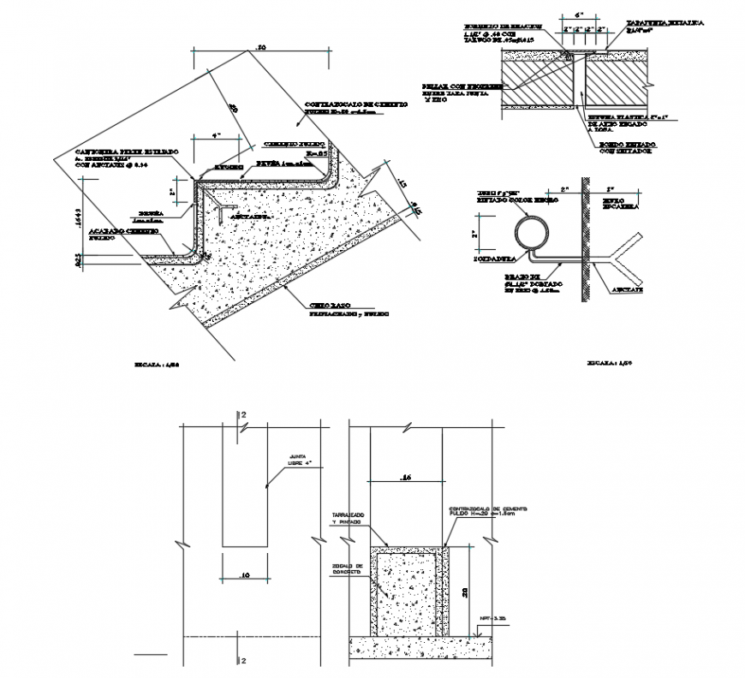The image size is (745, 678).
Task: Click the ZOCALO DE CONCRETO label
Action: coord(347,569)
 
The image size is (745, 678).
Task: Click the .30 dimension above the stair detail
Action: coord(261,47)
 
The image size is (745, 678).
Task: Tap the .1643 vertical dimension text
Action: coord(76,218)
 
